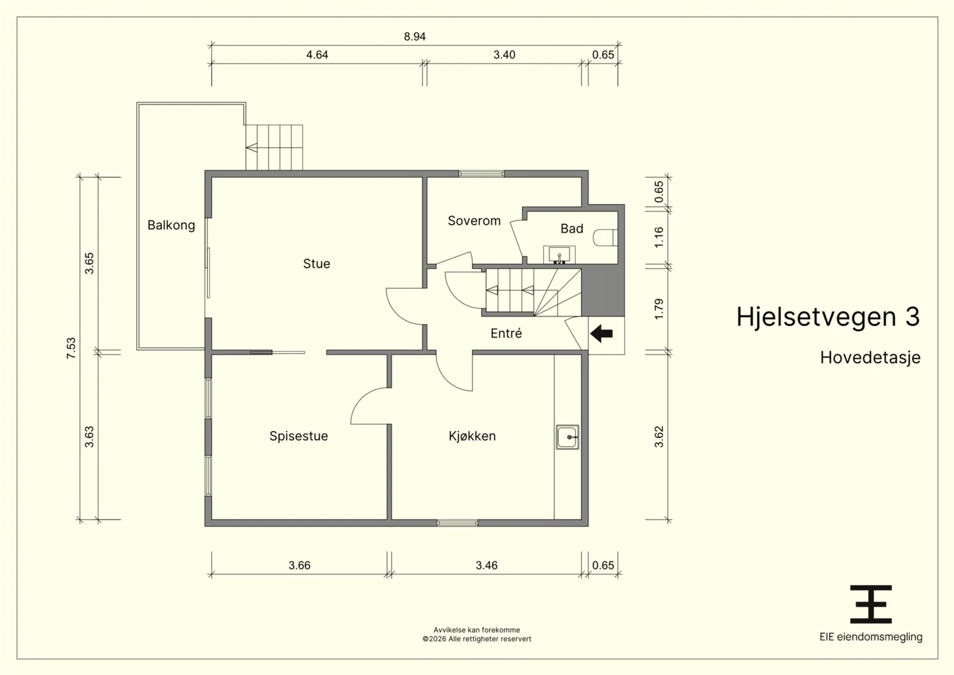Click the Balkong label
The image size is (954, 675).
[171, 225]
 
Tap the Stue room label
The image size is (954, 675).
[317, 264]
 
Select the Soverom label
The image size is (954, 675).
[474, 221]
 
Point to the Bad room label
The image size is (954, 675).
[572, 229]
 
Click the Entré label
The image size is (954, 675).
[506, 333]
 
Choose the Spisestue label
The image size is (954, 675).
[299, 436]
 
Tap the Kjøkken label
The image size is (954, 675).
[472, 436]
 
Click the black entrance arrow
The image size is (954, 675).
[602, 333]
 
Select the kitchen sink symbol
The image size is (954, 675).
[567, 437]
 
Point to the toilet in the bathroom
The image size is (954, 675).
[605, 238]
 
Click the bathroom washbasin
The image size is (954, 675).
[559, 255]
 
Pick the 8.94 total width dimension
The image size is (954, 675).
[415, 36]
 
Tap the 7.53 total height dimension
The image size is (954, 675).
[71, 348]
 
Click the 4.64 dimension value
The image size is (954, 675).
[317, 55]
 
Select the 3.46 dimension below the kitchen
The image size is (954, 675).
[487, 565]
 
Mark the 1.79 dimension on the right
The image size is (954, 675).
[659, 309]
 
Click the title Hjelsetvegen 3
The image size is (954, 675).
[828, 317]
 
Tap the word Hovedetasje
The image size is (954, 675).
[870, 358]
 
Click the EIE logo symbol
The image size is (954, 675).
[871, 604]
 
